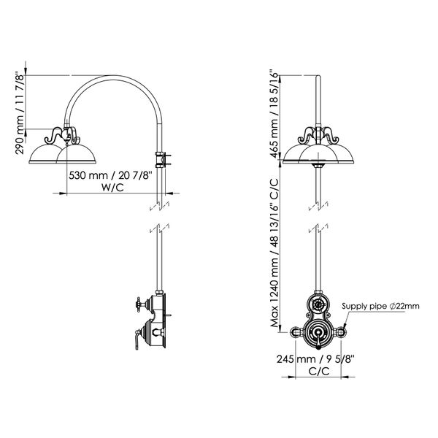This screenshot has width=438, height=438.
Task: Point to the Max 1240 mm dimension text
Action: point(275,255)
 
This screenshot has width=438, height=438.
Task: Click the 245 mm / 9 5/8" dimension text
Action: point(315,360)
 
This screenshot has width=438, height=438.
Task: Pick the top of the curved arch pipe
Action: point(113,76)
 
